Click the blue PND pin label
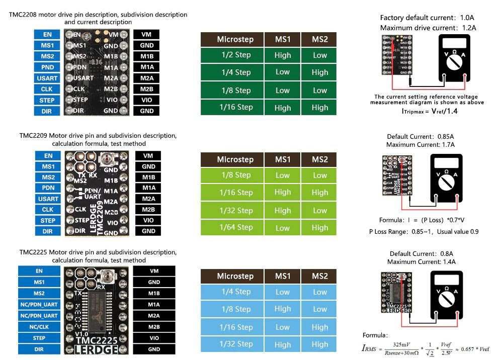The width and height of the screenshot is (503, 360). point(47,67)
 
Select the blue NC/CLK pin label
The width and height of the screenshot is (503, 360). point(39,327)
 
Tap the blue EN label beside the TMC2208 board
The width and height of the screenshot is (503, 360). point(47,35)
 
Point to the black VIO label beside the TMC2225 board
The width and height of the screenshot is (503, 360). point(154,338)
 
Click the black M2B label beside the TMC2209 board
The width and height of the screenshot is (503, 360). point(148,210)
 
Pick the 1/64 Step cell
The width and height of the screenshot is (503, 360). point(236,227)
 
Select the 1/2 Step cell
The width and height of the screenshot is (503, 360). point(236,55)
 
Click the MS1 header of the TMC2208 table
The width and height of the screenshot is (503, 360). point(283,39)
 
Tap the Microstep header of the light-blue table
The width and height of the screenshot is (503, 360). point(235,276)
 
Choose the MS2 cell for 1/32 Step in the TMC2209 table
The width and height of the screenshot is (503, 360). point(319,210)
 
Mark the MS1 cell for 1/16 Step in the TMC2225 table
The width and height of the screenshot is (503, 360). point(283,327)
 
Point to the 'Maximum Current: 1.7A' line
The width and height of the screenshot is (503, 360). point(421,145)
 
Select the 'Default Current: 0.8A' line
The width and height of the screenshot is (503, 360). point(422,254)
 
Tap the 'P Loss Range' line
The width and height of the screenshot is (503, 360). point(424,232)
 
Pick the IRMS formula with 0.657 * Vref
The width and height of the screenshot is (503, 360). point(426,348)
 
